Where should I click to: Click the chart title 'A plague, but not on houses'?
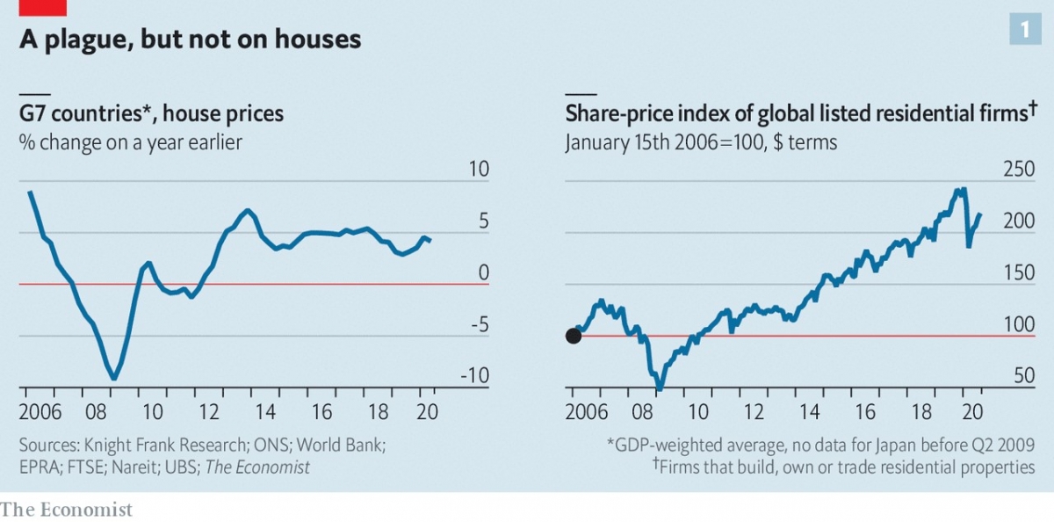(190, 39)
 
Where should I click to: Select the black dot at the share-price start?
(574, 336)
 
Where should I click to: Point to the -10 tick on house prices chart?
(475, 377)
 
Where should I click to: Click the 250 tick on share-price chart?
(1019, 170)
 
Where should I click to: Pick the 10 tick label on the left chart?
(479, 170)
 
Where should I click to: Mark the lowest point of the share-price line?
(660, 388)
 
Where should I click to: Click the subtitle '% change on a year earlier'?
(130, 141)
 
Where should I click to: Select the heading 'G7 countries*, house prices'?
(151, 113)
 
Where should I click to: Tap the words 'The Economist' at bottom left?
(67, 510)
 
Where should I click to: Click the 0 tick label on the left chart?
(482, 273)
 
